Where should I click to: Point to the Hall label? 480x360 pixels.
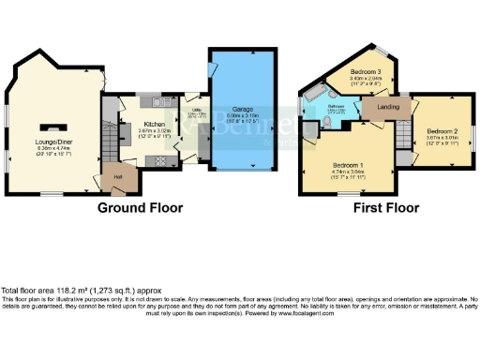click(x=118, y=175)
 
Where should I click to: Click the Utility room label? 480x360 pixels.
click(x=197, y=112)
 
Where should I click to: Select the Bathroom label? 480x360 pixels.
click(x=335, y=107)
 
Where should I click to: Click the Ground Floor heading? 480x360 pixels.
click(x=140, y=207)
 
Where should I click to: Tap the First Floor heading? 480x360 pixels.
click(x=384, y=207)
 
